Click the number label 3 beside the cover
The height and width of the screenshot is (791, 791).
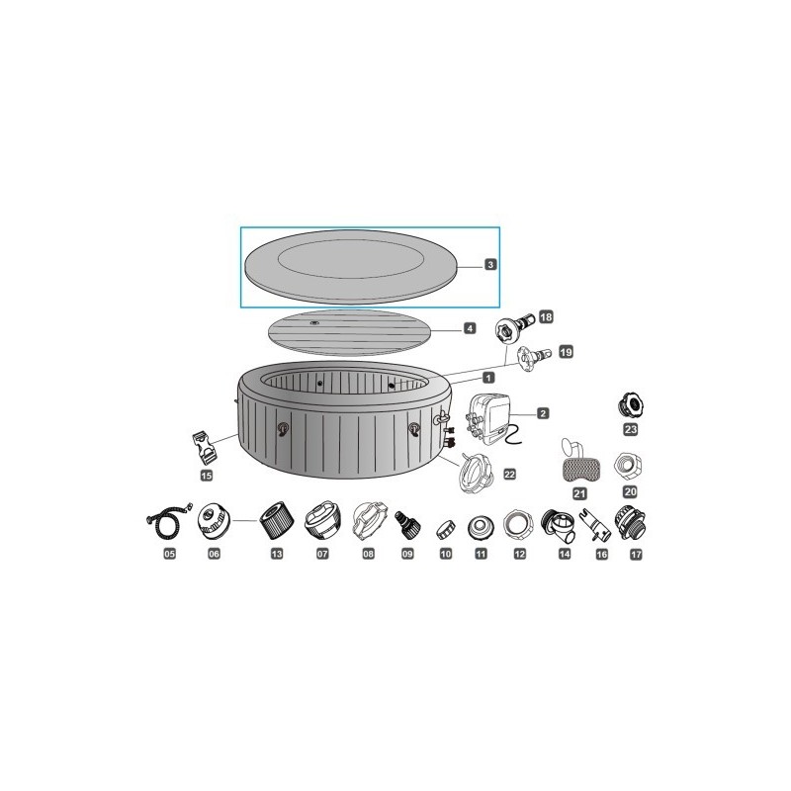[490, 265]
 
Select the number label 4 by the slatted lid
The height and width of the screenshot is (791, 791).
[471, 328]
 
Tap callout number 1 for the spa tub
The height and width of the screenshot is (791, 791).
[488, 377]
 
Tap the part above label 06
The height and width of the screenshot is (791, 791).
[214, 519]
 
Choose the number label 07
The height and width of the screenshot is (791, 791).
[321, 554]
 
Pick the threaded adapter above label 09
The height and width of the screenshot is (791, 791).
[406, 521]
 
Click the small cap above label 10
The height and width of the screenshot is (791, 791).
[445, 525]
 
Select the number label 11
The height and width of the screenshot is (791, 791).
[482, 554]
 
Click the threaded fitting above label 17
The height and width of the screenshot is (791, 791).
[633, 519]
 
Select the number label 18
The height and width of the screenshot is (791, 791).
[545, 317]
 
